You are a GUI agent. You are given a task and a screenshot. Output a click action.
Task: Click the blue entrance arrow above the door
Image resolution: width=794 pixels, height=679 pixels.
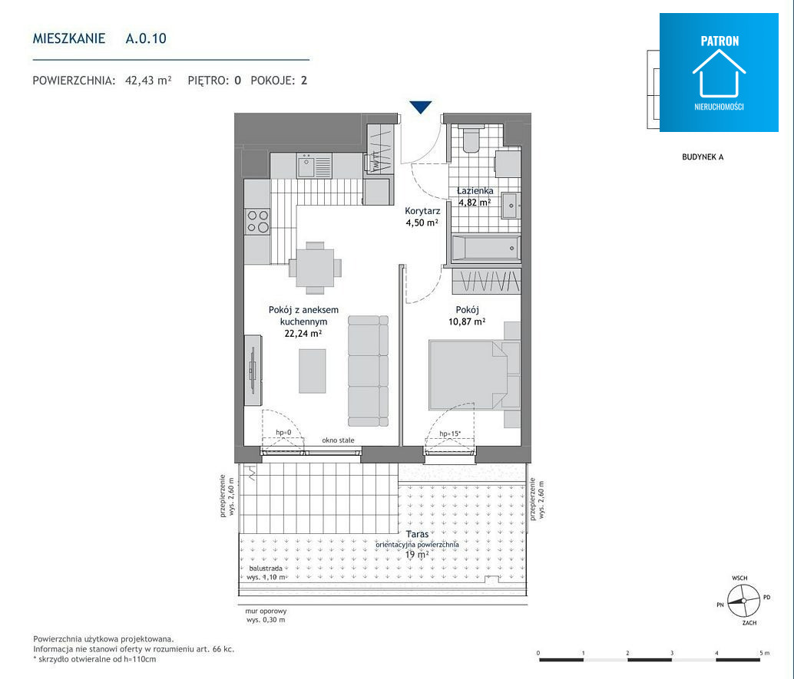pyautogui.click(x=420, y=107)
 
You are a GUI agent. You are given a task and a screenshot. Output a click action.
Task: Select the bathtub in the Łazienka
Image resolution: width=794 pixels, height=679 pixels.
pyautogui.click(x=485, y=249)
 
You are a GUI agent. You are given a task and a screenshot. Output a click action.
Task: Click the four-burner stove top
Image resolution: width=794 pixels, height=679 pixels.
pyautogui.click(x=257, y=222)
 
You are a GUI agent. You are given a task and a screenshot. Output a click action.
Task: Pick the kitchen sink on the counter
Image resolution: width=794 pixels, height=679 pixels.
pyautogui.click(x=314, y=166)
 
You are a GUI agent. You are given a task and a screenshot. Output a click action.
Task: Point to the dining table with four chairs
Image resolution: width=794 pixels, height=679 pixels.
pyautogui.click(x=315, y=269)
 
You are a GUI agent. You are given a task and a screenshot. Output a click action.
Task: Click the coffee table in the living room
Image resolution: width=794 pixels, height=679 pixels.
pyautogui.click(x=313, y=371)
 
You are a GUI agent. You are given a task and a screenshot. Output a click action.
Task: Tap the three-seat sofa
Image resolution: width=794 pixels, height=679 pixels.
pyautogui.click(x=368, y=371)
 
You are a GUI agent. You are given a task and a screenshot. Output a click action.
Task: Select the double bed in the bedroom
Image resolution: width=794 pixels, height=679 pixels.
pyautogui.click(x=474, y=375)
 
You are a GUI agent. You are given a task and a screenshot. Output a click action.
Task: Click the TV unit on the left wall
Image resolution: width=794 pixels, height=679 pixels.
pyautogui.click(x=253, y=370)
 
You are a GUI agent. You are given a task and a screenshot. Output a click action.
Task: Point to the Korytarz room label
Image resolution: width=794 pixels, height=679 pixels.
pyautogui.click(x=422, y=210)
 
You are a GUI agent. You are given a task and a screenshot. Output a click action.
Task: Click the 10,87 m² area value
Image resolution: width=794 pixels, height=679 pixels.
pyautogui.click(x=467, y=321)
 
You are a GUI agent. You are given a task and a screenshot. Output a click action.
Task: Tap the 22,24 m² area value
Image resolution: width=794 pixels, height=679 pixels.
pyautogui.click(x=303, y=334)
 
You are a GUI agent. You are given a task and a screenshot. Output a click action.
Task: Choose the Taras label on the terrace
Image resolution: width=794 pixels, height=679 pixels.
pyautogui.click(x=417, y=534)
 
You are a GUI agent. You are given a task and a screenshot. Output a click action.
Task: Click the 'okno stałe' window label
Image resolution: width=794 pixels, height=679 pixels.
pyautogui.click(x=339, y=440)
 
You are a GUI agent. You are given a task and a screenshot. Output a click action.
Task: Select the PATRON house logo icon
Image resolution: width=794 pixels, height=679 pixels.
pyautogui.click(x=719, y=73)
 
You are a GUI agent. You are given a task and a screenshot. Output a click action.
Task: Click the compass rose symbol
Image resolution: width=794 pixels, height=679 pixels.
pyautogui.click(x=744, y=601)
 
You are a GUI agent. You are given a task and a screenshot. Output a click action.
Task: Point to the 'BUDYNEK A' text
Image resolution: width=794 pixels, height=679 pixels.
pyautogui.click(x=703, y=157)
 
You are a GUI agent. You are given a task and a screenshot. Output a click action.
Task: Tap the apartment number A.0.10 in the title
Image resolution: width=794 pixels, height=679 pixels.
pyautogui.click(x=146, y=38)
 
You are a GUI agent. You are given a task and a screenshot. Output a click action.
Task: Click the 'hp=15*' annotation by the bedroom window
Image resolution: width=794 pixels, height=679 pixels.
pyautogui.click(x=450, y=433)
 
